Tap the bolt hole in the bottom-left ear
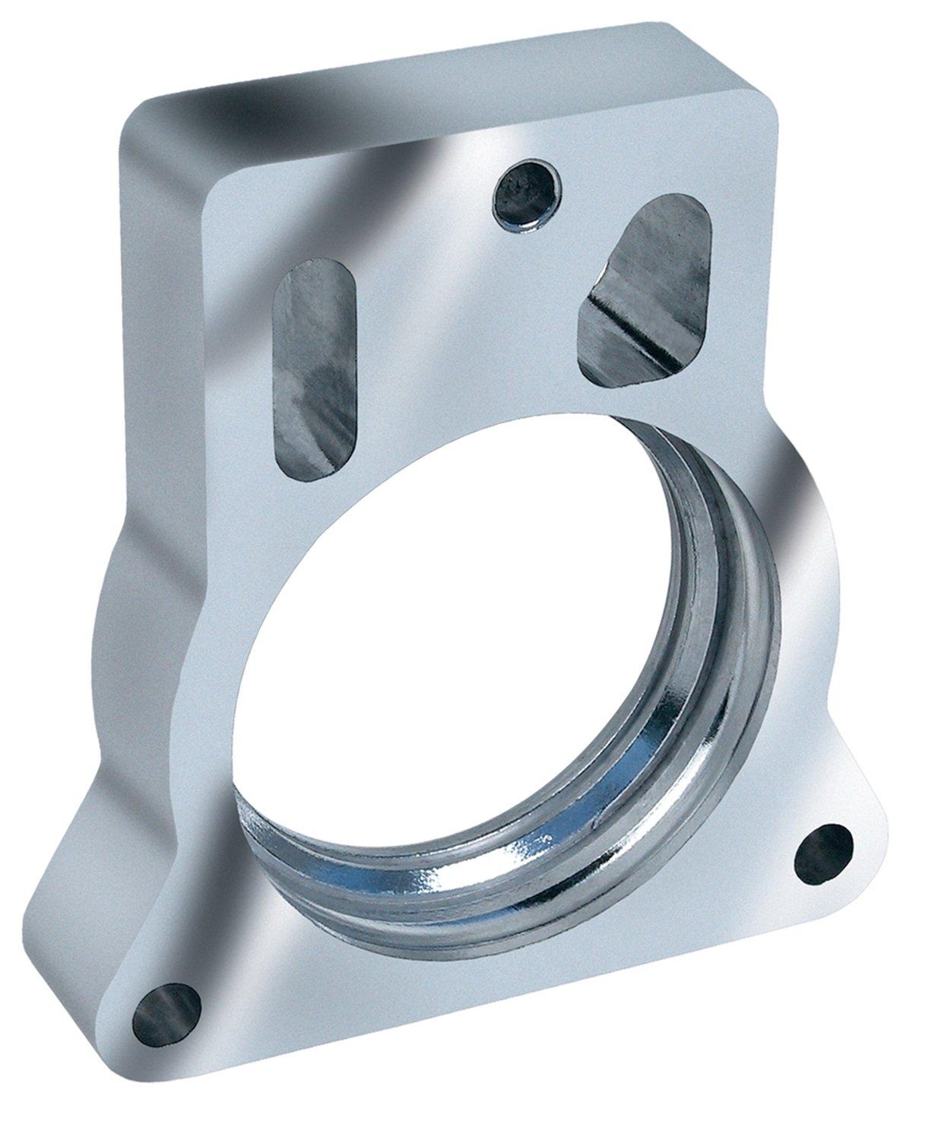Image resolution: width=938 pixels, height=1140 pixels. pos(166,1008)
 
